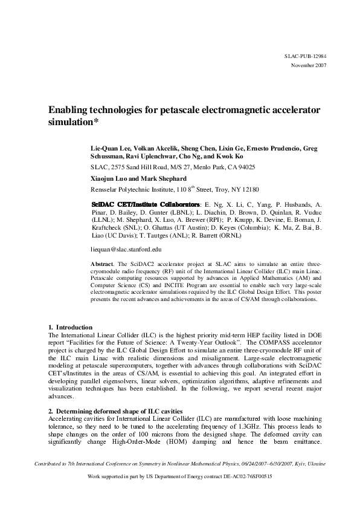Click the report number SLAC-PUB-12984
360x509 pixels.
(305, 56)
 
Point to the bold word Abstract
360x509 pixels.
(101, 265)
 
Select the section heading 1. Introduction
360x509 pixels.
(70, 327)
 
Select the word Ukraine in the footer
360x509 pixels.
(315, 464)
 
